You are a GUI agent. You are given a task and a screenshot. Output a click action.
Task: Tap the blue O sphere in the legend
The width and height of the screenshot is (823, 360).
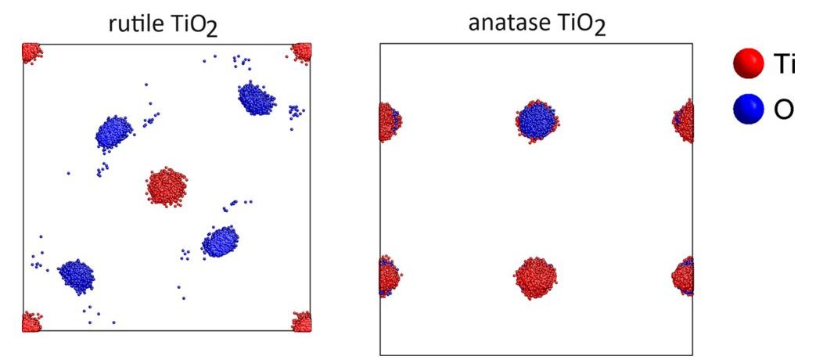pos(748,110)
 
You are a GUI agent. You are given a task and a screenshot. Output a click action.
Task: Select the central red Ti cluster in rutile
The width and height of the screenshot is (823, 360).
pos(166,187)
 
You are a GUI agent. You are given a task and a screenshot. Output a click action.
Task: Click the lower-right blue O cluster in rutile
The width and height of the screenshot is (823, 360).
pos(221,241)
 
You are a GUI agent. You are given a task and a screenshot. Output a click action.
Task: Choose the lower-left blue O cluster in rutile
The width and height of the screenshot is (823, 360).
pos(77,275)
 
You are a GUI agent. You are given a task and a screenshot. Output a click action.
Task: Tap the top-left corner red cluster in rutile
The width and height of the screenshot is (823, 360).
pos(31,53)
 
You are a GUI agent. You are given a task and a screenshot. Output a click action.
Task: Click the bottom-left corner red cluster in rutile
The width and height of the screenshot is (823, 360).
pos(31,321)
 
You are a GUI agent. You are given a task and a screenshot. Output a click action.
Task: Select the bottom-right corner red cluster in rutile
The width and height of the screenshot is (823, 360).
pos(302,321)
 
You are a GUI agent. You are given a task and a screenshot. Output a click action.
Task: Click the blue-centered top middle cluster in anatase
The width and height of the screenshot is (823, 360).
pos(537,121)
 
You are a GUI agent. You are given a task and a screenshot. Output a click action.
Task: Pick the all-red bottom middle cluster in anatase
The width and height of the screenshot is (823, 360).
pos(535,278)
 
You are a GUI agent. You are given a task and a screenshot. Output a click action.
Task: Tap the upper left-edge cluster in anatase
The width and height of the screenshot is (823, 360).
pos(390,122)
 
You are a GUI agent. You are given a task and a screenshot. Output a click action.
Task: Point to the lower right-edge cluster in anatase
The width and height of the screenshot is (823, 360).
pos(683,275)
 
